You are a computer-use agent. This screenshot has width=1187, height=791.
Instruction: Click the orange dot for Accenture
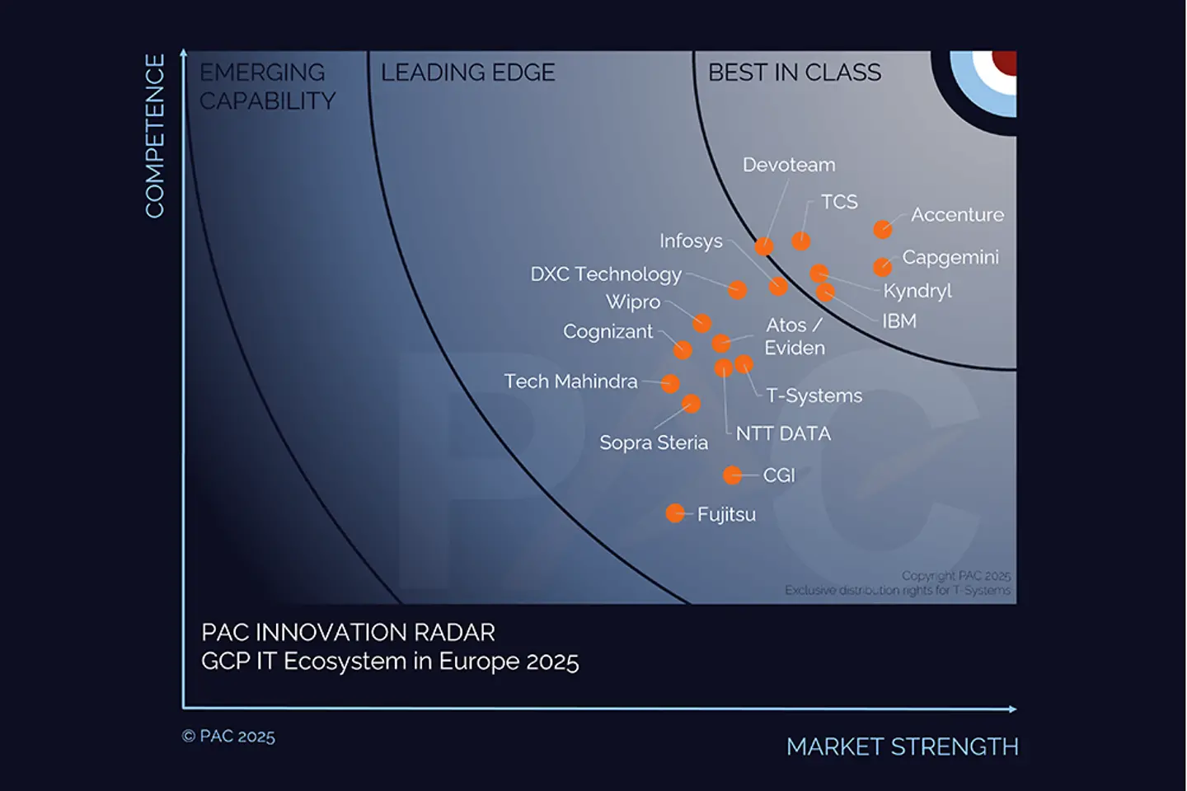pyautogui.click(x=882, y=229)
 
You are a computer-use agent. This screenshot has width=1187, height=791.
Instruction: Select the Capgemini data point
pyautogui.click(x=882, y=267)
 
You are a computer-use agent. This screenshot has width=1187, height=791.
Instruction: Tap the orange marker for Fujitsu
pyautogui.click(x=675, y=513)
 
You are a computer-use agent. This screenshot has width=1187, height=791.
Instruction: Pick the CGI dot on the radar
pyautogui.click(x=732, y=475)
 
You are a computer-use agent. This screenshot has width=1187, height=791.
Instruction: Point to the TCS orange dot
pyautogui.click(x=800, y=241)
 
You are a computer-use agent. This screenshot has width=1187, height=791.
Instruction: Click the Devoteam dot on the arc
pyautogui.click(x=764, y=246)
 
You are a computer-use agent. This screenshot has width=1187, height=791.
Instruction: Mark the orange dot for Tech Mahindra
pyautogui.click(x=670, y=383)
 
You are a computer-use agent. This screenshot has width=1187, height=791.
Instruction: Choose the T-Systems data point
pyautogui.click(x=744, y=363)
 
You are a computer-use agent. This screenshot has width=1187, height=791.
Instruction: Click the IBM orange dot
pyautogui.click(x=825, y=292)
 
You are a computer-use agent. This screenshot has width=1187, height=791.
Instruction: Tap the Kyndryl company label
pyautogui.click(x=917, y=291)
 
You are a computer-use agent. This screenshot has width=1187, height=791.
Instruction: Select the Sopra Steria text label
pyautogui.click(x=653, y=442)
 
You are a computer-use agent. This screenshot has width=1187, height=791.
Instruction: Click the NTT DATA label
pyautogui.click(x=782, y=433)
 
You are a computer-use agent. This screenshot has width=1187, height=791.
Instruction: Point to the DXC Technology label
pyautogui.click(x=606, y=274)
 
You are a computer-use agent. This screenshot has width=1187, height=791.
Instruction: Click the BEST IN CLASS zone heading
pyautogui.click(x=794, y=73)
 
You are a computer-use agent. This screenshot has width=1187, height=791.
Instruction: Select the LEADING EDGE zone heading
pyautogui.click(x=467, y=73)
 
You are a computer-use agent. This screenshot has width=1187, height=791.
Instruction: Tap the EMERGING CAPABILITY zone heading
pyautogui.click(x=267, y=87)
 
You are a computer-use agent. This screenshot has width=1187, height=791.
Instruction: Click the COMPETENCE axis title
pyautogui.click(x=155, y=136)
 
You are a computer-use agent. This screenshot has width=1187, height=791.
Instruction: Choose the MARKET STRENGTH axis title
pyautogui.click(x=902, y=747)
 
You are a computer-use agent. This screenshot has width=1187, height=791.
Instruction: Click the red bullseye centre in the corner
pyautogui.click(x=1005, y=61)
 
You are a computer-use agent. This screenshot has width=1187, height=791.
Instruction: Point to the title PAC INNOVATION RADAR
pyautogui.click(x=348, y=632)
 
